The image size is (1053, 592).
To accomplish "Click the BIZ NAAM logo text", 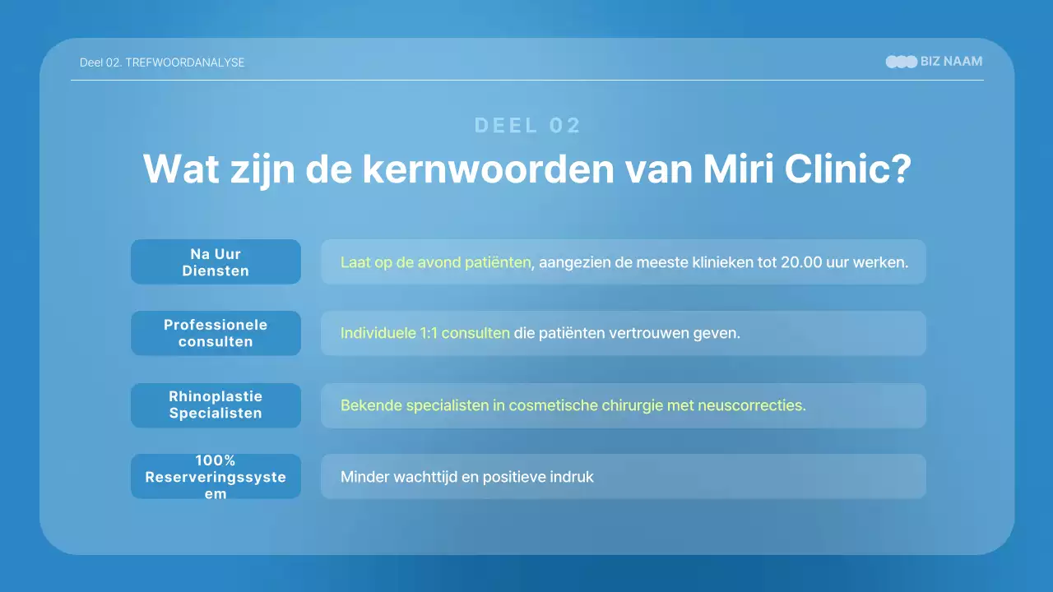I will coord(951,62).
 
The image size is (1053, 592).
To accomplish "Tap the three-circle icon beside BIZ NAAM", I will coord(901,62).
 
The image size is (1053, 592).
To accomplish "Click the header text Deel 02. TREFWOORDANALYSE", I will coord(162,62).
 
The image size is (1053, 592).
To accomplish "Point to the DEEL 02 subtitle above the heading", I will coord(527,125).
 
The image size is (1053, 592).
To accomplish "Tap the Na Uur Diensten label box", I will coord(216,262).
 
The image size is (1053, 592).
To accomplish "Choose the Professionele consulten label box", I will coord(216,333).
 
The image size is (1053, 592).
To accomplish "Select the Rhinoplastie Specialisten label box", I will coord(216,405).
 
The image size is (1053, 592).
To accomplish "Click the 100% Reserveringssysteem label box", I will coord(216,477).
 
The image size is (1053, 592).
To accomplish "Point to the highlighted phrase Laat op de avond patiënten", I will coord(435,263).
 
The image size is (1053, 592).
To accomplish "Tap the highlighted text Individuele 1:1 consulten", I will coord(424,334).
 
